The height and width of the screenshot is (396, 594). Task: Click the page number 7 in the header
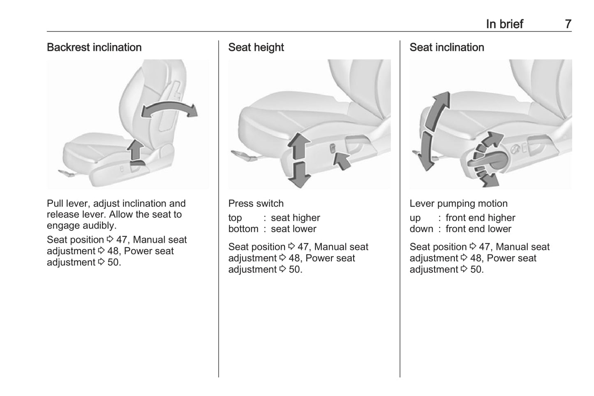tap(568, 24)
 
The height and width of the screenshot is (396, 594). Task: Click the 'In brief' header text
tap(504, 24)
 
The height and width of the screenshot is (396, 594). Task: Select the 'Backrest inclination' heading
tap(94, 48)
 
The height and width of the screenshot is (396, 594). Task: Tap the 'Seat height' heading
tap(256, 48)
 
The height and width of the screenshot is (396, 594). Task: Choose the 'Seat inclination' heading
tap(446, 48)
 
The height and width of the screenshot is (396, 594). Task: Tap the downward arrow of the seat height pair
tap(299, 174)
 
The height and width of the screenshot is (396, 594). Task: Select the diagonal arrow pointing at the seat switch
tap(342, 160)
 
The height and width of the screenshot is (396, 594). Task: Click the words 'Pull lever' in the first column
tap(66, 204)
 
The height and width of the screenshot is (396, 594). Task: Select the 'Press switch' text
tap(256, 204)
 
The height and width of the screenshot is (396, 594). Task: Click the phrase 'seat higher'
tap(295, 218)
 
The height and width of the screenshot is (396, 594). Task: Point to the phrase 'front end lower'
tap(478, 229)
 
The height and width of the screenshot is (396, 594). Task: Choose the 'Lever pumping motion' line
tap(458, 204)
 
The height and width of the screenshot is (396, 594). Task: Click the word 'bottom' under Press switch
tap(243, 229)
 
